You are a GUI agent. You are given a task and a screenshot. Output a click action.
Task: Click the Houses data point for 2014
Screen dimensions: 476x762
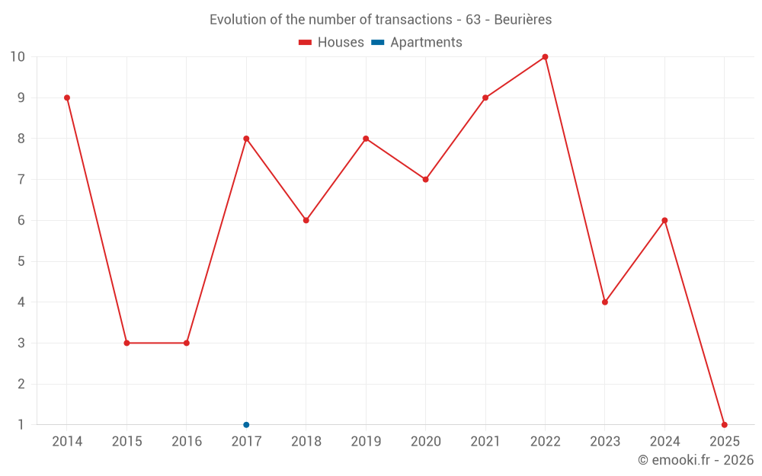[x=67, y=97]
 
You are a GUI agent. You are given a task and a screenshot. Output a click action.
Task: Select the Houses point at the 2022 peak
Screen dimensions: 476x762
[x=545, y=57]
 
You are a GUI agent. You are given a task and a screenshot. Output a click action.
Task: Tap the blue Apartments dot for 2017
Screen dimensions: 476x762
[x=246, y=424]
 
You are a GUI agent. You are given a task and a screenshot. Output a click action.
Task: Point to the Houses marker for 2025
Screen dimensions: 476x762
[x=724, y=424]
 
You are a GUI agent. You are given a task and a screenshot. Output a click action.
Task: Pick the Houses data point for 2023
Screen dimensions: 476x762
[x=605, y=302]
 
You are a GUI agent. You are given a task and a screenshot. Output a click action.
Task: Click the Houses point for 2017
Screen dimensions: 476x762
[x=246, y=139]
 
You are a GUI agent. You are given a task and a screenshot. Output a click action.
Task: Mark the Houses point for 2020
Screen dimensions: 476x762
[x=425, y=180]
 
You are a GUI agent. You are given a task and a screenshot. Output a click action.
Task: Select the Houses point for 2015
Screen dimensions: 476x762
[x=126, y=343]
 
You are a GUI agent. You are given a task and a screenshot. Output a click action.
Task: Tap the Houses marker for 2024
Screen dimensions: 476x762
[x=664, y=220]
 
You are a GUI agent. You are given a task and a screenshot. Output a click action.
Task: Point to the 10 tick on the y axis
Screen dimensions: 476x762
[x=18, y=57]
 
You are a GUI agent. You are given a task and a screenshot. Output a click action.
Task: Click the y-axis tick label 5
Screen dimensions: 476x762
[x=21, y=261]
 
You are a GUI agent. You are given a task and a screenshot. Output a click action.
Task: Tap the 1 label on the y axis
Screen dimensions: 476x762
[x=21, y=424]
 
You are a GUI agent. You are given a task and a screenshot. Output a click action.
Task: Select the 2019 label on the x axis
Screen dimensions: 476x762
[x=366, y=442]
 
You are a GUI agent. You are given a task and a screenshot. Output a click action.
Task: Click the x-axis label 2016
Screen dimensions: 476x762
[x=187, y=442]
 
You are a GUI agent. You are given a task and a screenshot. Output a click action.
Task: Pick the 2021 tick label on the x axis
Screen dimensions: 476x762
[x=485, y=442]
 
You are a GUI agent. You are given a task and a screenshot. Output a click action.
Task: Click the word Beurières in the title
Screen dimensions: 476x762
[x=523, y=19]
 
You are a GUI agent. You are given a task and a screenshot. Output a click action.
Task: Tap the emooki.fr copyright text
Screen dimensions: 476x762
[x=695, y=460]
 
